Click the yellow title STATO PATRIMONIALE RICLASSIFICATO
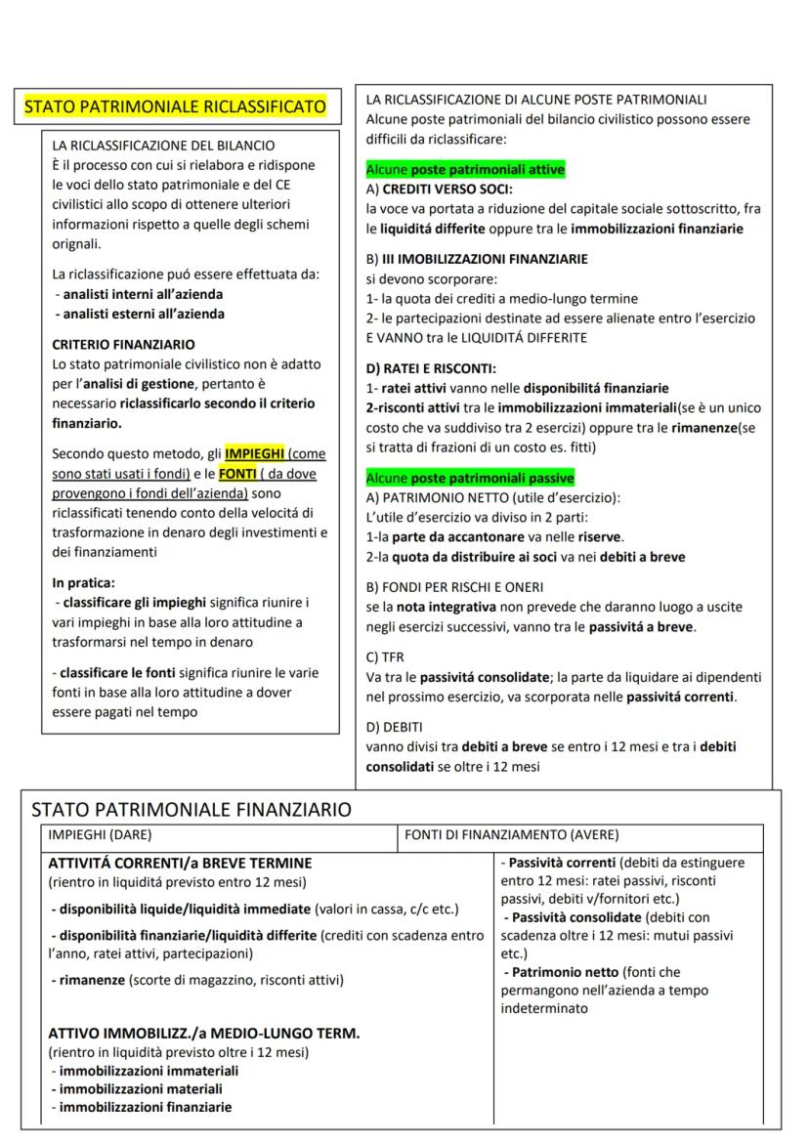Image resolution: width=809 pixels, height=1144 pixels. pos(175,106)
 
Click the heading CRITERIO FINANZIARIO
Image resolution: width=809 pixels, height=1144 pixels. pos(123,345)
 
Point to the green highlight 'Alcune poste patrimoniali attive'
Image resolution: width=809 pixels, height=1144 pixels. pos(465,170)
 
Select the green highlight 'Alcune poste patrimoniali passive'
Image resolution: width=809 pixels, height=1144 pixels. pos(469,478)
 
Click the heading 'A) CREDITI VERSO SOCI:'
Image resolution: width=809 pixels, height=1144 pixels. pos(439,189)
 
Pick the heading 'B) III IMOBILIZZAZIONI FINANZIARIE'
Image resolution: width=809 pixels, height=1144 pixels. pos(477,259)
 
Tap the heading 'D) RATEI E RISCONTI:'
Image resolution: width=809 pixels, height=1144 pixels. pos(431,368)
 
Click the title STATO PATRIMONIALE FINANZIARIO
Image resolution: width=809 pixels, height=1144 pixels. pos(192,809)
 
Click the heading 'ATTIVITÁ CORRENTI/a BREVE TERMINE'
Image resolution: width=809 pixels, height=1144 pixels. pos(180,864)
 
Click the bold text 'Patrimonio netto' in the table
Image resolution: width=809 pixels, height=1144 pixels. pos(564,972)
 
